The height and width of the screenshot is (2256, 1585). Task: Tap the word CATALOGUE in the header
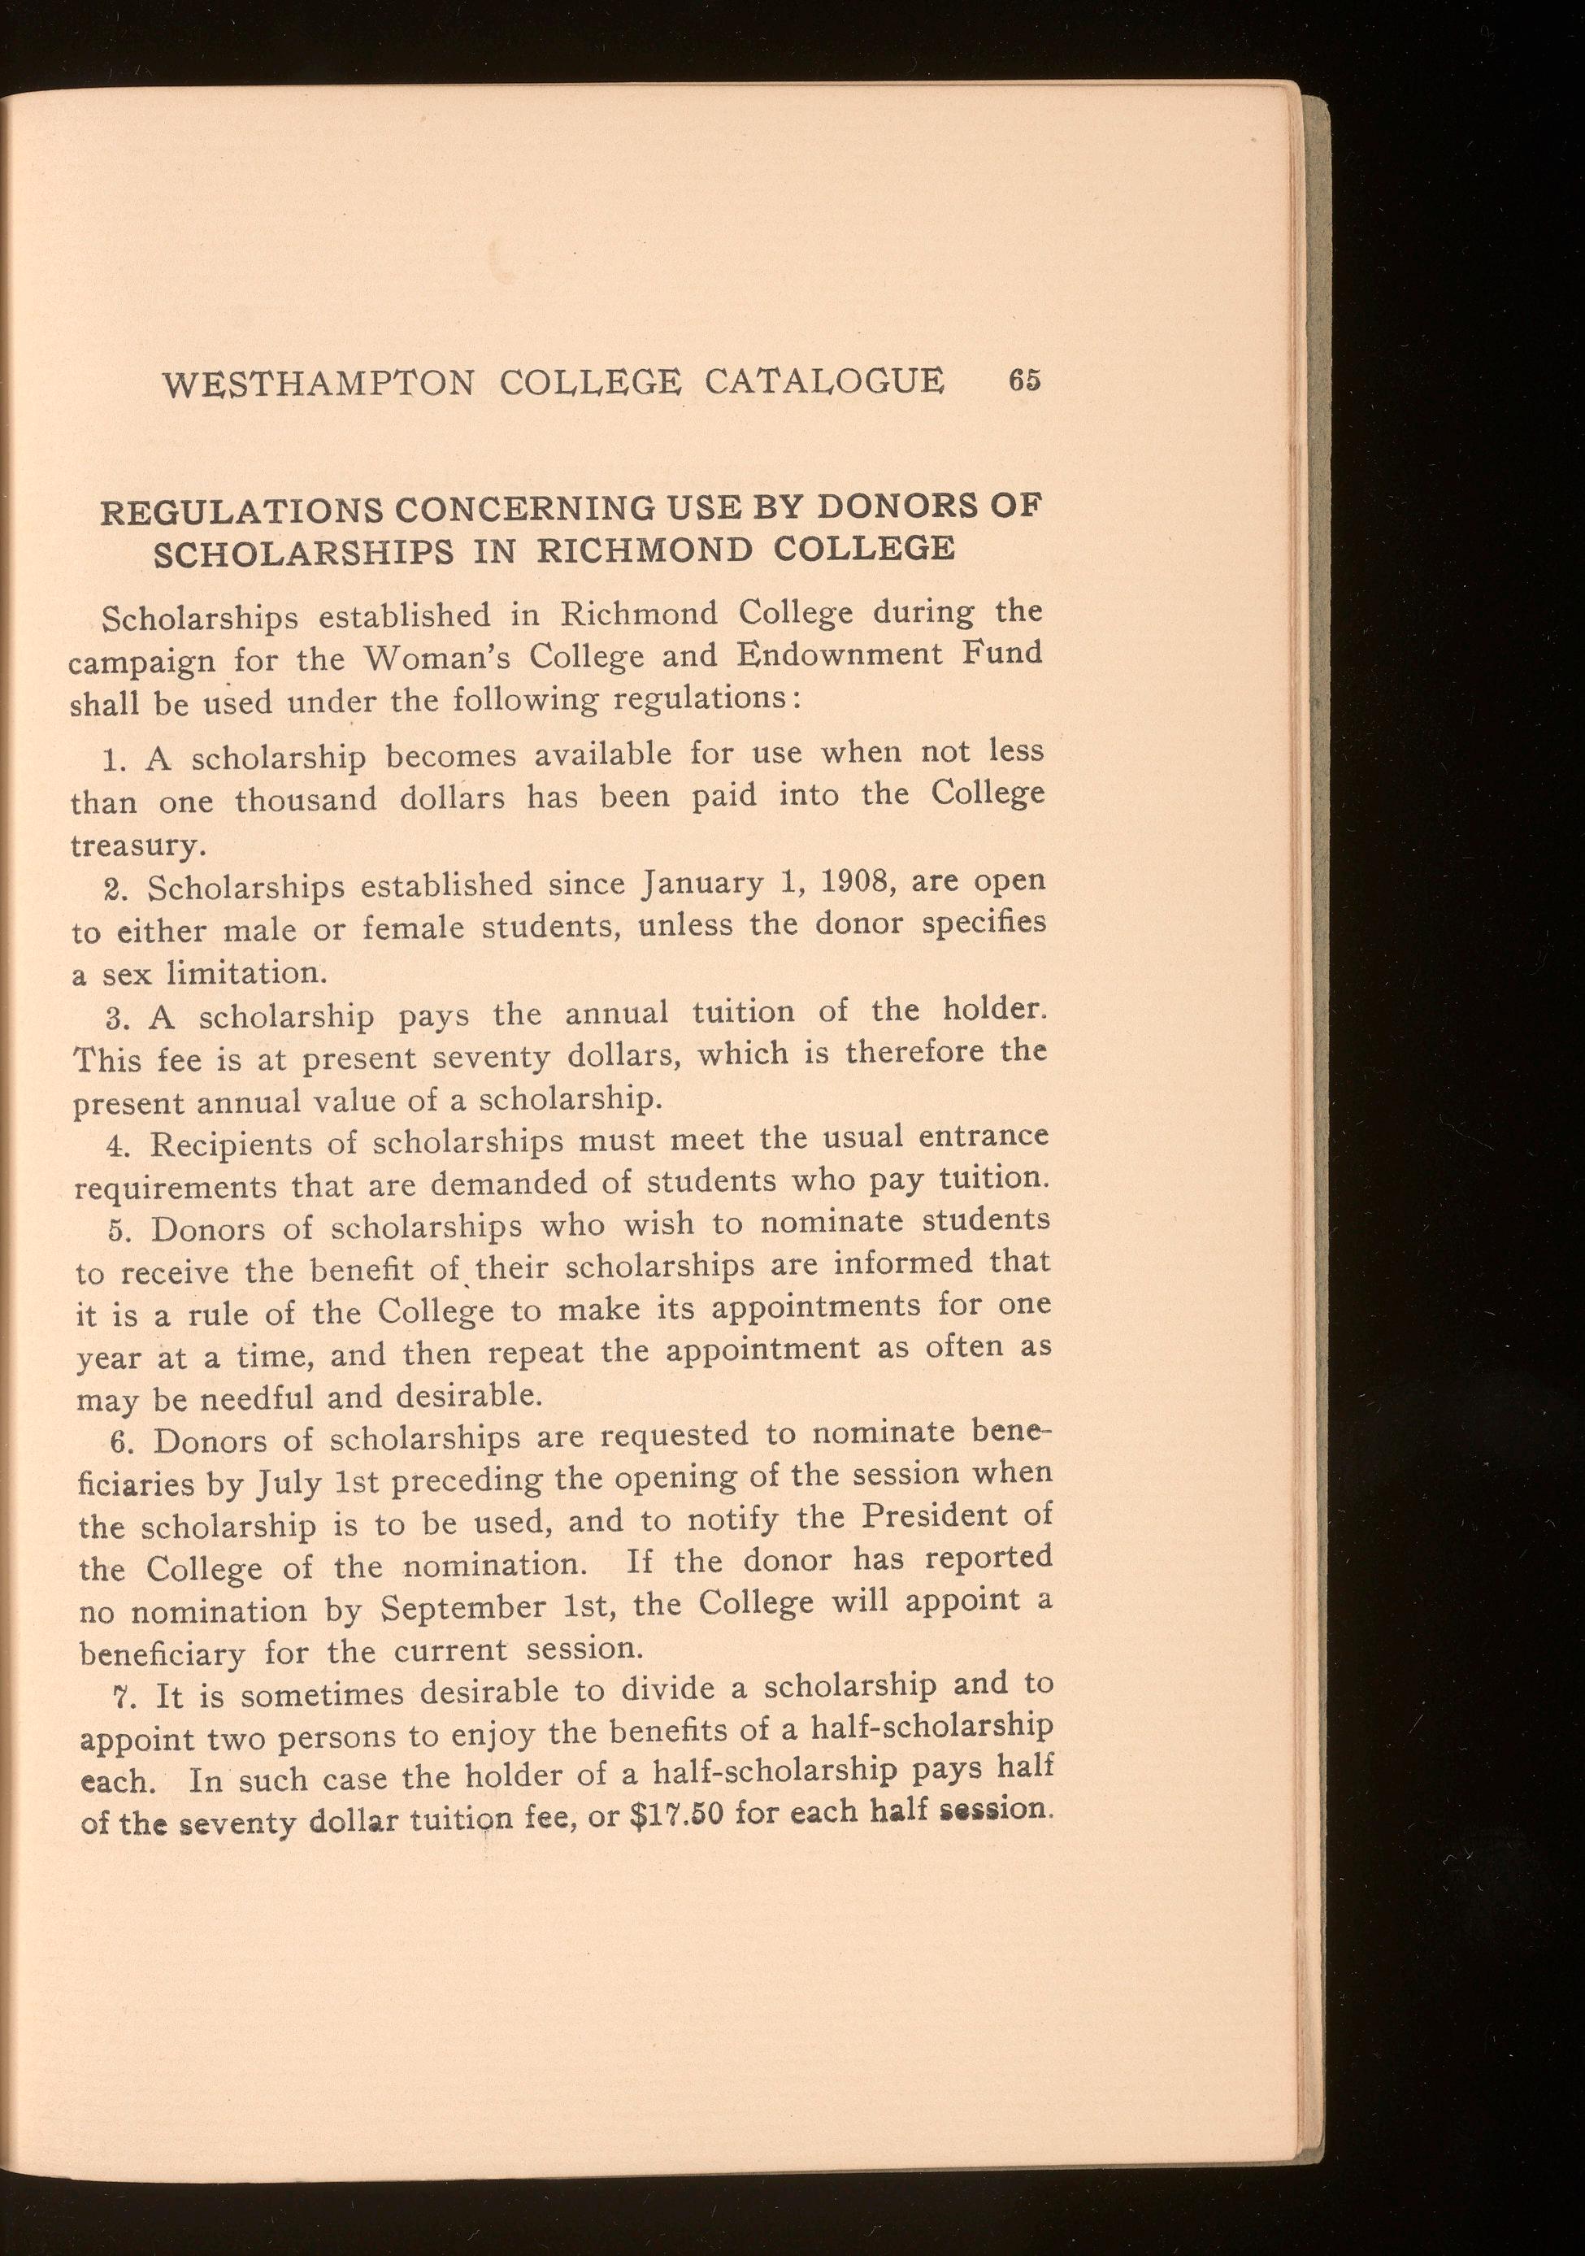[824, 380]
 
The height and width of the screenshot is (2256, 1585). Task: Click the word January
[701, 885]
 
